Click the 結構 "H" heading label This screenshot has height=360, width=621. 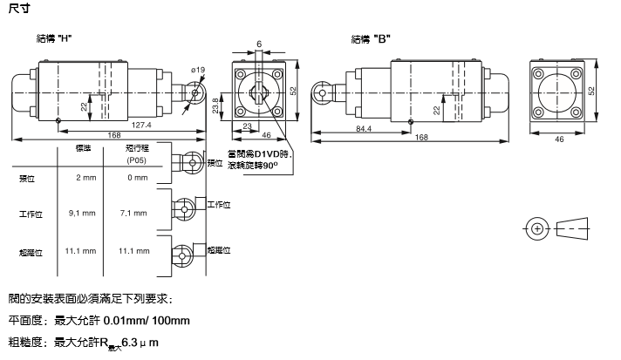pyautogui.click(x=54, y=38)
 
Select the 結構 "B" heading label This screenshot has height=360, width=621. pyautogui.click(x=370, y=38)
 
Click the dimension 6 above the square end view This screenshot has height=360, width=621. pyautogui.click(x=259, y=44)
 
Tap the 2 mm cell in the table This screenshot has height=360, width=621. pyautogui.click(x=85, y=178)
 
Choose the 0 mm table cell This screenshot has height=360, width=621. pyautogui.click(x=138, y=178)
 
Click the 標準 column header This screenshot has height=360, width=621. pyautogui.click(x=85, y=149)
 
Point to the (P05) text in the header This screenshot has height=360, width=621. pyautogui.click(x=137, y=160)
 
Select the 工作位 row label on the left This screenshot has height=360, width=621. pyautogui.click(x=31, y=213)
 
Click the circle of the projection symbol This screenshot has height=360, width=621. pyautogui.click(x=537, y=229)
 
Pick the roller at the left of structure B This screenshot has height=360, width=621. pyautogui.click(x=321, y=90)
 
